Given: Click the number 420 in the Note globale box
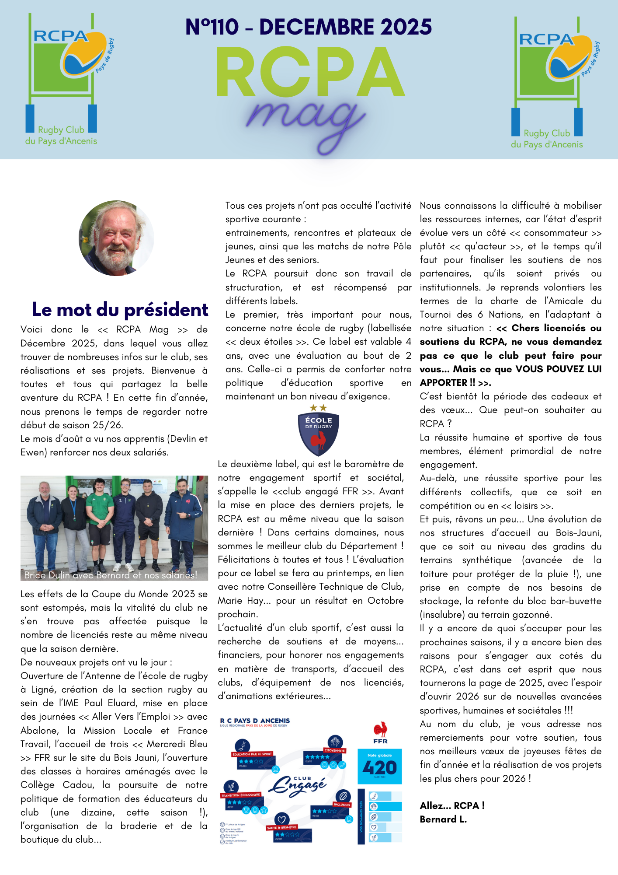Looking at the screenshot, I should (379, 767).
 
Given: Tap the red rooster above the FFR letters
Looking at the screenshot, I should (380, 730).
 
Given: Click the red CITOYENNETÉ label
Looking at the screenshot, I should (335, 750).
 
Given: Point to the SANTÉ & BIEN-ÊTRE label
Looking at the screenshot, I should (281, 827).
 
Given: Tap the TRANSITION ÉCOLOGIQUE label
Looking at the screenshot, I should (241, 795).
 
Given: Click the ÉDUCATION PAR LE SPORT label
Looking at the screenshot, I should (252, 754).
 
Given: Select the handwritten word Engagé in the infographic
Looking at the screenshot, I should (298, 786).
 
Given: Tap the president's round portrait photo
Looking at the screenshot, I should (116, 238).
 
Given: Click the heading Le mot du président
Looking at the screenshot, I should (120, 309).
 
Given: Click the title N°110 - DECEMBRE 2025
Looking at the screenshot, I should (309, 27).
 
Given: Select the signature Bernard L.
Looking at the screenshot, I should (443, 819).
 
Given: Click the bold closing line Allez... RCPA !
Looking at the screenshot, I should (452, 805).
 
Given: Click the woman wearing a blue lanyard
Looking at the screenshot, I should (73, 525).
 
